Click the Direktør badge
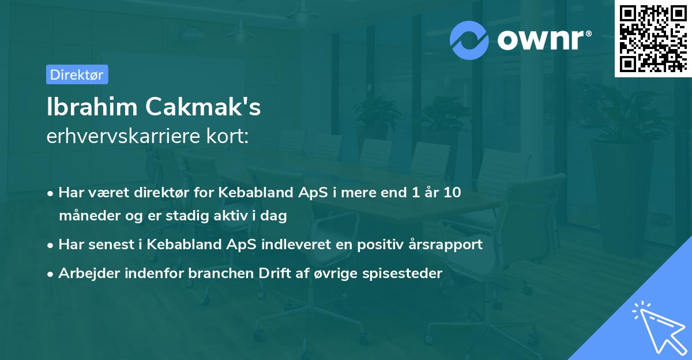coord(77,74)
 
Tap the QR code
coord(653,38)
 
